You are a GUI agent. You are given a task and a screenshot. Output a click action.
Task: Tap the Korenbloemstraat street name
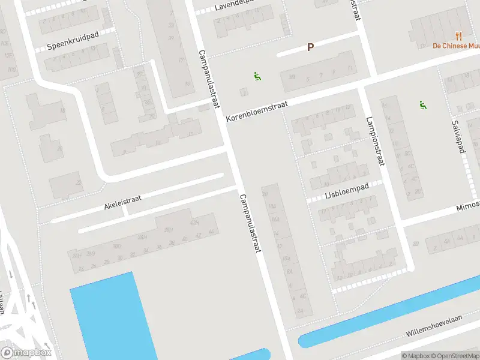tap(257, 112)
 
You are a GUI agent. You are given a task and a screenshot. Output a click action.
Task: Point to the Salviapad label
tap(458, 136)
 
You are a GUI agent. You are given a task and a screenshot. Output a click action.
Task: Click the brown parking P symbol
tap(310, 47)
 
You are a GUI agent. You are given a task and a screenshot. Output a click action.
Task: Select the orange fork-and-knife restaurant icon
tap(459, 36)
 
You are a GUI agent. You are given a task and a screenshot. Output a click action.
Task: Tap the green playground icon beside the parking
tap(257, 77)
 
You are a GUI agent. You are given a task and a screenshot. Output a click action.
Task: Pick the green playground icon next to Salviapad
tap(423, 105)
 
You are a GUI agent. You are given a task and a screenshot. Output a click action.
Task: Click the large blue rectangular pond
tap(111, 315)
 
